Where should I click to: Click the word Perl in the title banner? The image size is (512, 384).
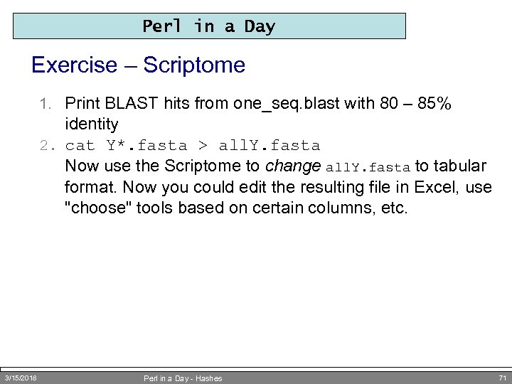pyautogui.click(x=162, y=26)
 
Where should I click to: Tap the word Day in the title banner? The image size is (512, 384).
pyautogui.click(x=260, y=26)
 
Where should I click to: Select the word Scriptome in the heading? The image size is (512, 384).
pyautogui.click(x=194, y=65)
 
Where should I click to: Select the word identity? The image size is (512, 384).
pyautogui.click(x=92, y=124)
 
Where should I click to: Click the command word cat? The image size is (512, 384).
pyautogui.click(x=80, y=146)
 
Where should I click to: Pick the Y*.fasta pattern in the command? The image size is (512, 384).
pyautogui.click(x=146, y=146)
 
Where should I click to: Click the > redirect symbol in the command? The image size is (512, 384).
pyautogui.click(x=203, y=146)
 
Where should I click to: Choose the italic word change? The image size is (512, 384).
pyautogui.click(x=292, y=166)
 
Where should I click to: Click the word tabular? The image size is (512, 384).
pyautogui.click(x=459, y=166)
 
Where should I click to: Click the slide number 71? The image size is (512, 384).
pyautogui.click(x=502, y=378)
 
